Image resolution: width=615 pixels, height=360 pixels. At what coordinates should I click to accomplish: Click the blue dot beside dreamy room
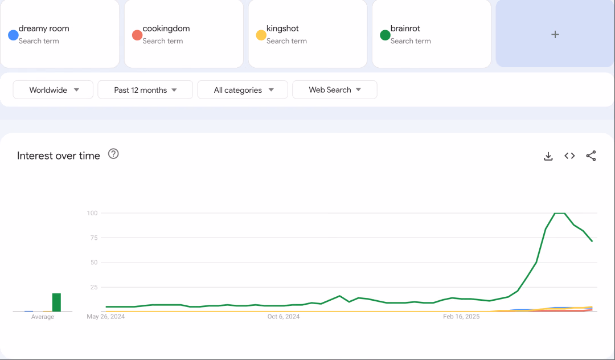(13, 35)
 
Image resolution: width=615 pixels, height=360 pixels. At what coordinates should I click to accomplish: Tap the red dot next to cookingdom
(137, 35)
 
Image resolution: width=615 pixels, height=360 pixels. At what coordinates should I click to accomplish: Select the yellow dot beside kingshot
(261, 35)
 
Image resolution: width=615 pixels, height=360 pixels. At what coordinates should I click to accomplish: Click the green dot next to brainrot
(385, 35)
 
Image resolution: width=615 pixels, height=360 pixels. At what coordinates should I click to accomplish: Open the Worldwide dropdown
(53, 90)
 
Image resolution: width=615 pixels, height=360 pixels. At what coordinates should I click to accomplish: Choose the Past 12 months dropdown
(145, 90)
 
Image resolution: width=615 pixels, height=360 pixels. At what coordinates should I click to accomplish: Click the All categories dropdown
(243, 90)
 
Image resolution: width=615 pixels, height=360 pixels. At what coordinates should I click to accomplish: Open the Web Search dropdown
(335, 90)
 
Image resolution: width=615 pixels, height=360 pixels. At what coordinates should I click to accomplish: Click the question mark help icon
(113, 154)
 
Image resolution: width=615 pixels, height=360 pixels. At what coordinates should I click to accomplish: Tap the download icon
(548, 156)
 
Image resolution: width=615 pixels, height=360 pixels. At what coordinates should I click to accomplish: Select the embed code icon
(569, 156)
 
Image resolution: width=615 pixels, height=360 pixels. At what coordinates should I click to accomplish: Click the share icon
(591, 156)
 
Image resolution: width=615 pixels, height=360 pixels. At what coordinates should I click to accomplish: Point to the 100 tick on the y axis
(92, 213)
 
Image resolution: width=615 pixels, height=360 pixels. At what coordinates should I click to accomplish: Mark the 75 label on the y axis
(94, 238)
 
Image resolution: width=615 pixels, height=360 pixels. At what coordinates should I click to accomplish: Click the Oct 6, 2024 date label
(284, 317)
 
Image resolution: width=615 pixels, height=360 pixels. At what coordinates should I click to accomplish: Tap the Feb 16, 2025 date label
(461, 317)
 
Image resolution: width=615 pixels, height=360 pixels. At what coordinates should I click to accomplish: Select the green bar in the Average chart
(56, 302)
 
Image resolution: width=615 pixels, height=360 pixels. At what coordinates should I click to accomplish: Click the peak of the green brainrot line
(560, 213)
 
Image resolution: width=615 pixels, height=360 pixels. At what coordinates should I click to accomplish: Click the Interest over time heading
(59, 156)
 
